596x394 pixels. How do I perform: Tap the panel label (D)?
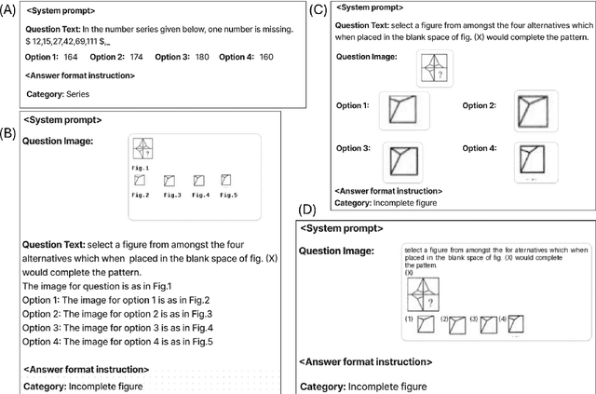pos(306,211)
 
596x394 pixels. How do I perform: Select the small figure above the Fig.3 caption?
pos(171,180)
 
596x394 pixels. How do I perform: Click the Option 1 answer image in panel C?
pos(403,110)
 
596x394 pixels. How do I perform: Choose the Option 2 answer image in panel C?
pos(536,110)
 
